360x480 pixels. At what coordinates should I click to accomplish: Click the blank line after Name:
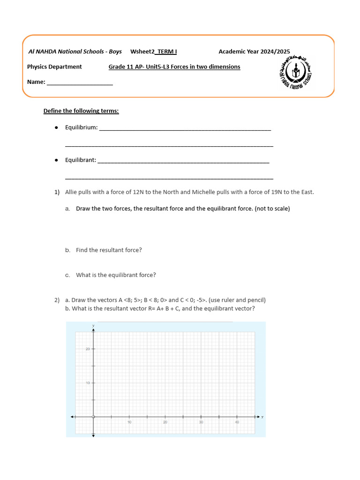(80, 82)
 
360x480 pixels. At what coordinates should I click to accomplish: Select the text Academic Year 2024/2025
(254, 52)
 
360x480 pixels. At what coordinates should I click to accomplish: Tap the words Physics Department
(54, 67)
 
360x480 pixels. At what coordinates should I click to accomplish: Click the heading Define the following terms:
(81, 111)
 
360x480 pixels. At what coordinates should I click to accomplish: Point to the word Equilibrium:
(82, 127)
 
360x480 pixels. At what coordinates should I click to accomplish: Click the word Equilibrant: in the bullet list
(81, 160)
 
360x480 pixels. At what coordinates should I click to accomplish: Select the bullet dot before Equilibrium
(56, 127)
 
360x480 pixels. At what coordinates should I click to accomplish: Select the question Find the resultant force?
(109, 250)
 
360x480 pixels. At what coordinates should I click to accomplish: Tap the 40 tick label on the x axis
(237, 422)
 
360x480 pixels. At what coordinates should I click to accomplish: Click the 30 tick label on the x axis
(201, 422)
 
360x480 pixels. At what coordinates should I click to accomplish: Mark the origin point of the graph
(93, 417)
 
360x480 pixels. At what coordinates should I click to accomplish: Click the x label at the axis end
(262, 417)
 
